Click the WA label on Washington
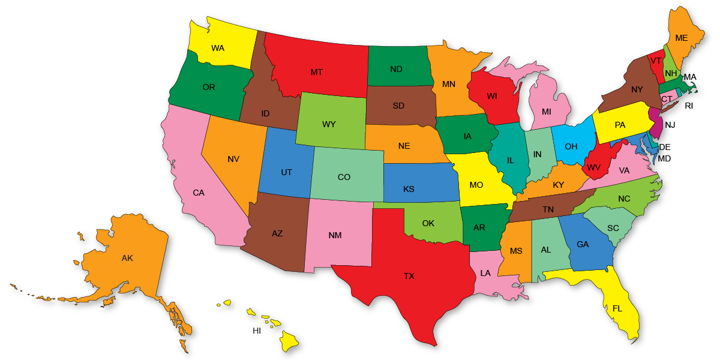218,48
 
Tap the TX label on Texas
409,276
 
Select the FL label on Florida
617,308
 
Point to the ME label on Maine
682,38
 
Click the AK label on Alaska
127,258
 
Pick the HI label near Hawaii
257,331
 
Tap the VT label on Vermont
656,61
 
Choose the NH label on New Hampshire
671,73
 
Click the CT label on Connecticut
667,99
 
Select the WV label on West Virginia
593,167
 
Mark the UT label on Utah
287,172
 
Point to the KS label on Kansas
409,189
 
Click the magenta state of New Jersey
658,124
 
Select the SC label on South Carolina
613,228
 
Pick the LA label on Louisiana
485,273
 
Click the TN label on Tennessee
548,209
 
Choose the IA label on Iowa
467,136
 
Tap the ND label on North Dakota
396,69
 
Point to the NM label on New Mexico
335,235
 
